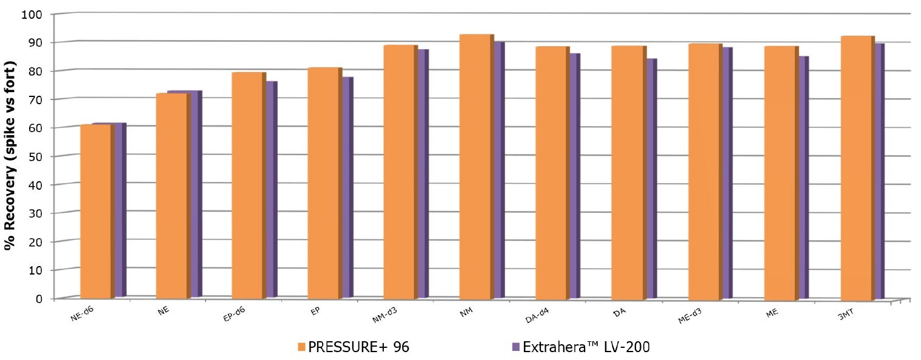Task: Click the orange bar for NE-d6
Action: pos(95,212)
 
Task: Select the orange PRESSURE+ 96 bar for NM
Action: pos(475,167)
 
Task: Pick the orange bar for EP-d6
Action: pos(247,185)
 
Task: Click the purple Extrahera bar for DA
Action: pos(652,176)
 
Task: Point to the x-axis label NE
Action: pos(162,312)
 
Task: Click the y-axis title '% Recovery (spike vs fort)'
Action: pos(10,156)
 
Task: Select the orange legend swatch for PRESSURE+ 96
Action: pos(301,347)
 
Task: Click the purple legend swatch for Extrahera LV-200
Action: pos(516,347)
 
